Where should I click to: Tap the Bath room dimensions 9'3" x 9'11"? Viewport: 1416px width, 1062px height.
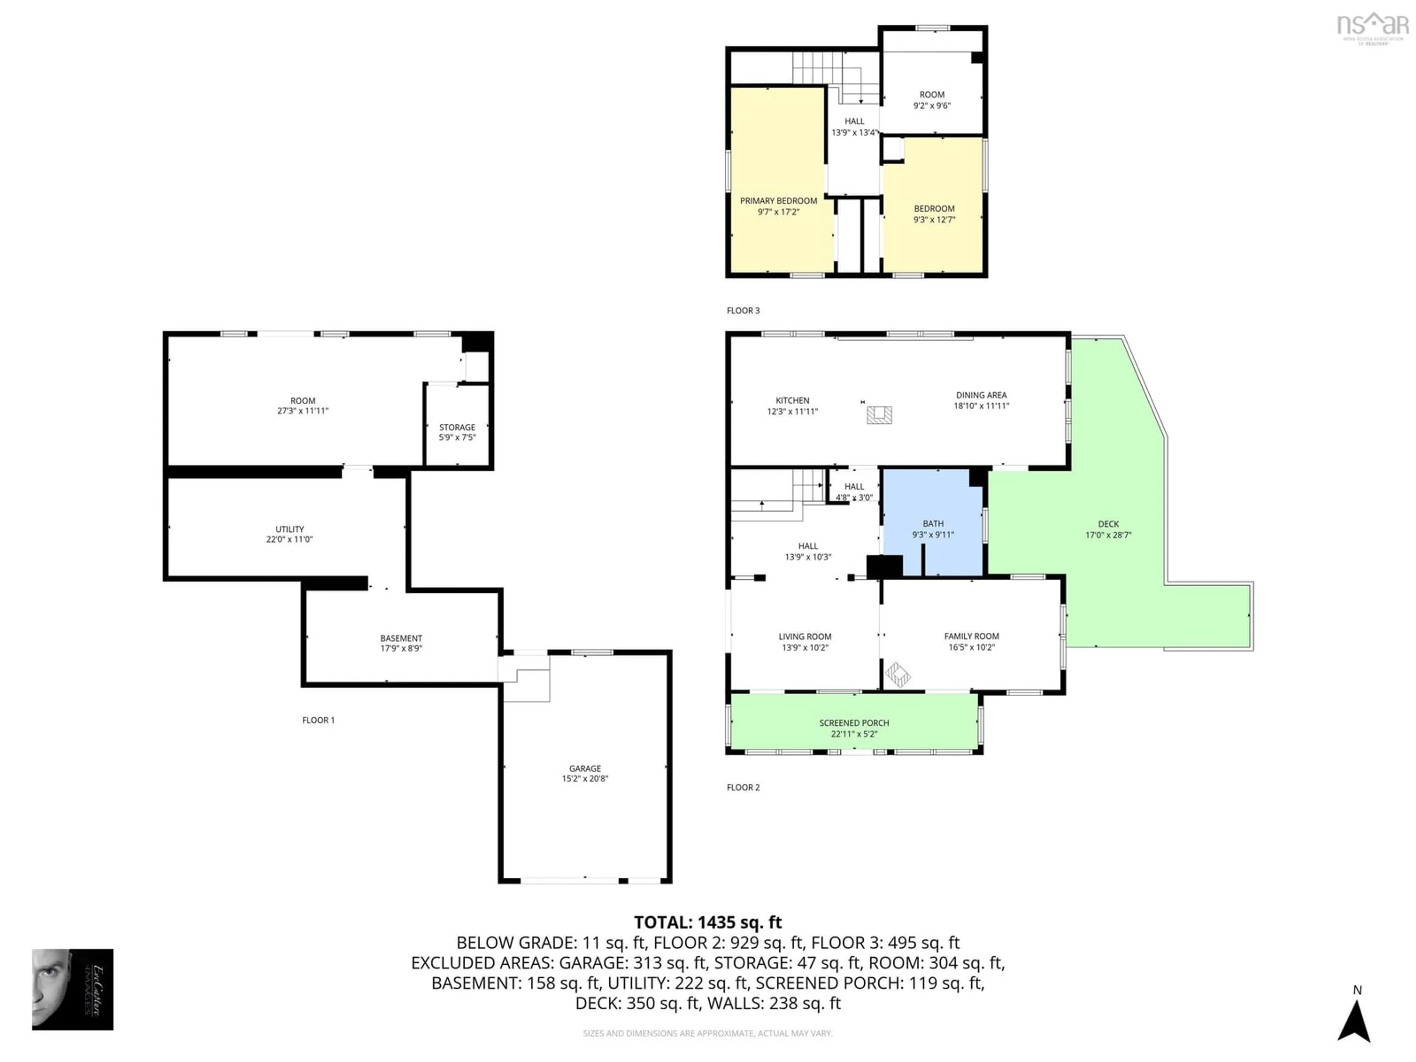933,535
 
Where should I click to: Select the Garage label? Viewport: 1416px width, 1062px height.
584,768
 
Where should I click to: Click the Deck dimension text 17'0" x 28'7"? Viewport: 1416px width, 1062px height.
1108,535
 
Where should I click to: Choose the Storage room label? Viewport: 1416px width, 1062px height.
457,427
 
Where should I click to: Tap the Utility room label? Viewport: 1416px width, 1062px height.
289,529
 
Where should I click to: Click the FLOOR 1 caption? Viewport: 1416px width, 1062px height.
318,720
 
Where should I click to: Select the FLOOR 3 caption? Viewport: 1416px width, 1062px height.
743,310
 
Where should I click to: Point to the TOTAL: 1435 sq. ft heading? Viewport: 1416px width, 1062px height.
707,923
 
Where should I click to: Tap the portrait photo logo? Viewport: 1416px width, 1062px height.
72,989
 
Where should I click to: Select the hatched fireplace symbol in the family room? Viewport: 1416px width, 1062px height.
898,674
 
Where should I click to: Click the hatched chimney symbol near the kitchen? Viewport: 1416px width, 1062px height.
879,415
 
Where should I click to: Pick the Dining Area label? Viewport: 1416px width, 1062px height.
981,395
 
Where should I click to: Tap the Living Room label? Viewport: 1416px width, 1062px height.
805,636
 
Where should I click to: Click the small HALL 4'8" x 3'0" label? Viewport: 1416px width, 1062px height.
854,492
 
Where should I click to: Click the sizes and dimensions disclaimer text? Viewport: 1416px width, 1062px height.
707,1033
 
